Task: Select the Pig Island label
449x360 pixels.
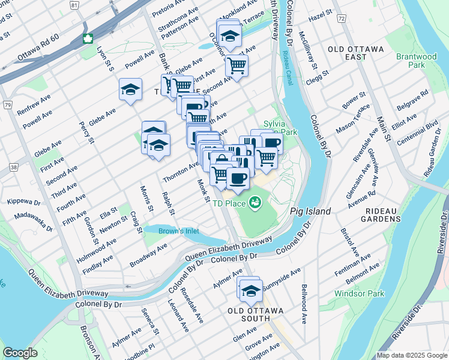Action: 310,212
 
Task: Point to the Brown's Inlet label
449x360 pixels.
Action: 178,230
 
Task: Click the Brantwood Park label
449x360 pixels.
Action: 416,61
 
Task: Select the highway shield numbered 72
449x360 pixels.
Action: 341,20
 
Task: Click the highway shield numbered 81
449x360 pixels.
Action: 73,5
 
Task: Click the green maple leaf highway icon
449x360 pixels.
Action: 88,40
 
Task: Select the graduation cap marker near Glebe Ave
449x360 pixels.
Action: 130,89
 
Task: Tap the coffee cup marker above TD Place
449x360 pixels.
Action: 238,178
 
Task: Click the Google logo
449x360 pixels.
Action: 20,353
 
